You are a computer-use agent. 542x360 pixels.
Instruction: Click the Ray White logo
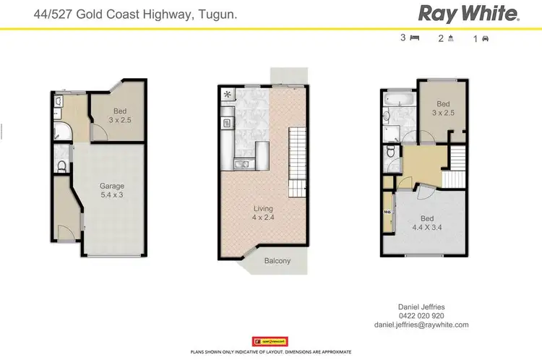[468, 13]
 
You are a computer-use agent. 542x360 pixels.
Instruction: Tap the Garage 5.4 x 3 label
[112, 191]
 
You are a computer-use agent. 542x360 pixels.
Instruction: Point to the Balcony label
[277, 261]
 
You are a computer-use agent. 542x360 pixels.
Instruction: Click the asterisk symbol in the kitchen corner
[228, 94]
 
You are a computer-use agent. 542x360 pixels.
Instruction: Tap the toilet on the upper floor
[390, 152]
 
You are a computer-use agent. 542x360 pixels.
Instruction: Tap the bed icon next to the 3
[415, 38]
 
